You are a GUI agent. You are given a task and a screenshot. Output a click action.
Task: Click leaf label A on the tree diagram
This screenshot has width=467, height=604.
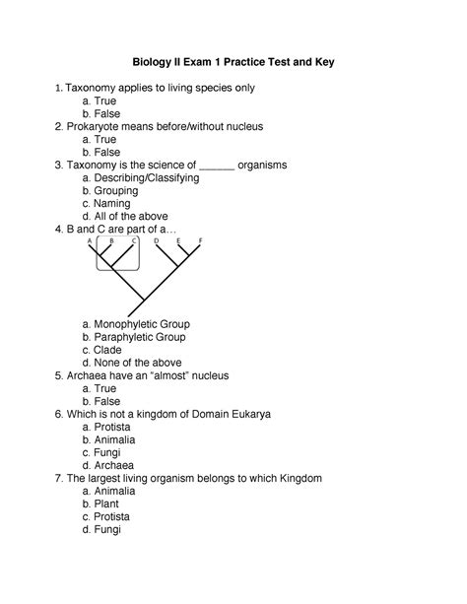[x=90, y=240]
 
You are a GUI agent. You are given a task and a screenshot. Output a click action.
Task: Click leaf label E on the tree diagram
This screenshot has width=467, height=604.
[x=178, y=240]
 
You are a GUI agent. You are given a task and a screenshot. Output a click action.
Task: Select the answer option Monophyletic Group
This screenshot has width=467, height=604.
[x=142, y=323]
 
